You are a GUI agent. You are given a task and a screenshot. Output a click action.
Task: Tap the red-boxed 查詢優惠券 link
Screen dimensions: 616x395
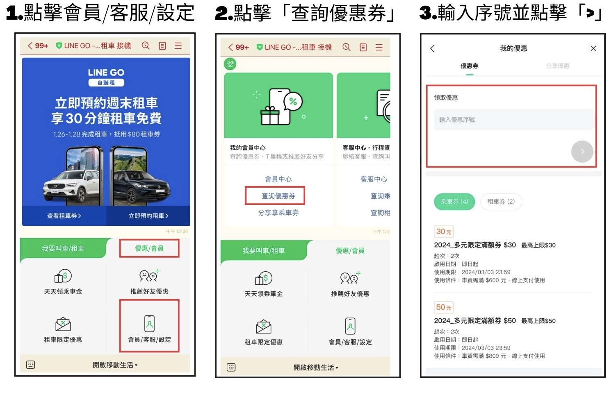(x=278, y=196)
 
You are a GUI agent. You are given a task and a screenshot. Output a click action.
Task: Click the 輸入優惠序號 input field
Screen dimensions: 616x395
(x=513, y=120)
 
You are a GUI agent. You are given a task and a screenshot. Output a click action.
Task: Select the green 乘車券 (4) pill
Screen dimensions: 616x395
(x=454, y=202)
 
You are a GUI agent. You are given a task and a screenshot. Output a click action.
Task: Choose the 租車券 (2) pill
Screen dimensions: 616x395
(x=501, y=202)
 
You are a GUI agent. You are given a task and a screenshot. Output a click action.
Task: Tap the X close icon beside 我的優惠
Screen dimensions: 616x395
(x=593, y=49)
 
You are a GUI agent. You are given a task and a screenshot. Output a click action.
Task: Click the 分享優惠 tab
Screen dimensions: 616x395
(x=557, y=66)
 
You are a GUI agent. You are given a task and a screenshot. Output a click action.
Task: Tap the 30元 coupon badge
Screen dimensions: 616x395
(x=444, y=232)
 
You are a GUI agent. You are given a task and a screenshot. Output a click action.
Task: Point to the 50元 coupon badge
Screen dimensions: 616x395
(x=444, y=307)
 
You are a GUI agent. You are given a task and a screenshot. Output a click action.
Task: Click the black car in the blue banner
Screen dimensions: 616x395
(x=141, y=186)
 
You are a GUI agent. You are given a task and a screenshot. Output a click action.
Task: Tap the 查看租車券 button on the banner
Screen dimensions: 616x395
(x=64, y=216)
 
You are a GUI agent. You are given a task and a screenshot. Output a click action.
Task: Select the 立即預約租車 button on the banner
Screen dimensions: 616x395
(x=148, y=216)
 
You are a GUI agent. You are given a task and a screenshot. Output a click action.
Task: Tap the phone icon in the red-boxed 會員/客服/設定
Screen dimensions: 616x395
(x=149, y=324)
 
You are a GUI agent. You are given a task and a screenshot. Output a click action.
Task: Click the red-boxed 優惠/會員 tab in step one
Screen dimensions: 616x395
(x=149, y=248)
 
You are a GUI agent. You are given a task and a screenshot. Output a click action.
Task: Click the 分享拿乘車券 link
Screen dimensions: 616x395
(x=278, y=213)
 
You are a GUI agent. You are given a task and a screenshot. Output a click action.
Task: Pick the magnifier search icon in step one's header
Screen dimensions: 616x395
(x=146, y=45)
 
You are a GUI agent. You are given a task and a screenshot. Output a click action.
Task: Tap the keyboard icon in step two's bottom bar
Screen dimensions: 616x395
(x=231, y=367)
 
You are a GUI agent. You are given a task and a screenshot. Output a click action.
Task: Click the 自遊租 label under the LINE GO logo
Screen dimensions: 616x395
(x=106, y=83)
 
